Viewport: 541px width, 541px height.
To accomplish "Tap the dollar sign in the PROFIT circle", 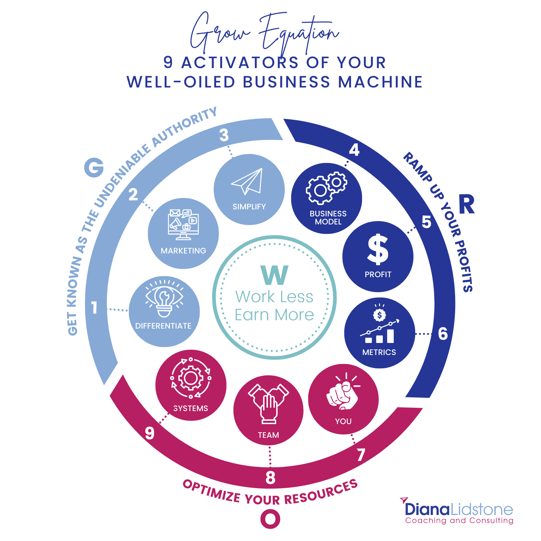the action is pyautogui.click(x=378, y=249).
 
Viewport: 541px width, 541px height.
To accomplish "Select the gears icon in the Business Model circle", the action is pyautogui.click(x=327, y=188).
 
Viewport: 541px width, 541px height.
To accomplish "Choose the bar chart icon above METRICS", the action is pyautogui.click(x=379, y=324).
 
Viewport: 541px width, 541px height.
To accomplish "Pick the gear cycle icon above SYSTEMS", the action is pyautogui.click(x=191, y=378).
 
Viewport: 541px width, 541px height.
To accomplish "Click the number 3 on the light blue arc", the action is pyautogui.click(x=224, y=135).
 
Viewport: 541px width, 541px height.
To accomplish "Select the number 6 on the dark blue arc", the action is pyautogui.click(x=443, y=334).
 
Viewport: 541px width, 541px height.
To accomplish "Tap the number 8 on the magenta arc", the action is pyautogui.click(x=270, y=478).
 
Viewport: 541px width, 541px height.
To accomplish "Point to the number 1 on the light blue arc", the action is pyautogui.click(x=95, y=308).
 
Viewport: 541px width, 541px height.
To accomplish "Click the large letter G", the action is pyautogui.click(x=94, y=167).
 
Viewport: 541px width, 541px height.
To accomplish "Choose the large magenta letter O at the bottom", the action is pyautogui.click(x=270, y=519).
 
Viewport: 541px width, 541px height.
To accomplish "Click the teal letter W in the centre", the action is pyautogui.click(x=275, y=276).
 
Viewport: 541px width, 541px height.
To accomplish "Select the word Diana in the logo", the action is pyautogui.click(x=427, y=509).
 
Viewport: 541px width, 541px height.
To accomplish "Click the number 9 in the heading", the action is pyautogui.click(x=168, y=62).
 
